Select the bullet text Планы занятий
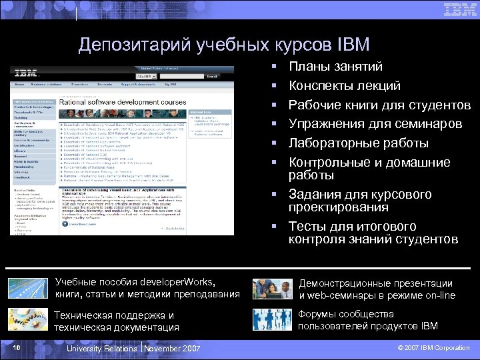click(335, 67)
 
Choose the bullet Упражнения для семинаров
click(375, 124)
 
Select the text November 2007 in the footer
click(171, 348)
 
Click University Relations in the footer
click(104, 348)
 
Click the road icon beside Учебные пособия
click(26, 288)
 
